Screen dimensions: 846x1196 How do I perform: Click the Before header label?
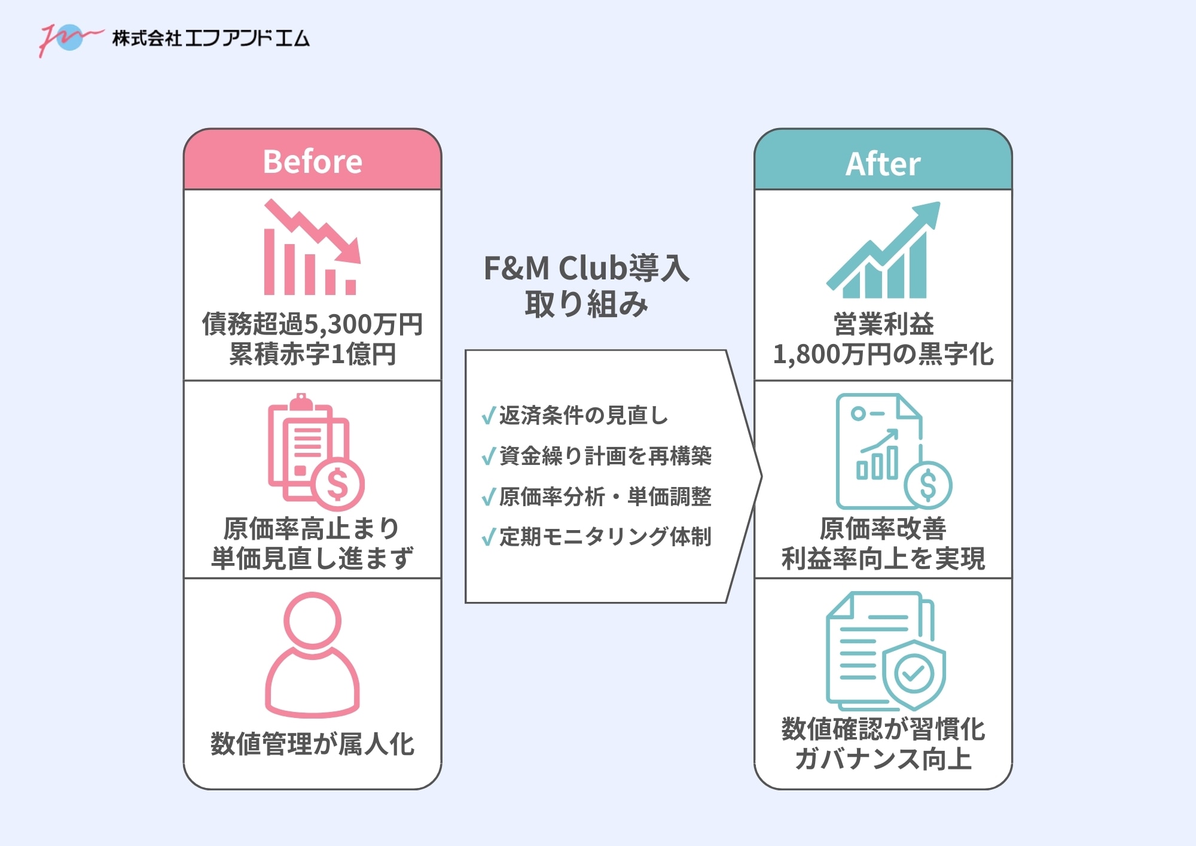pyautogui.click(x=312, y=162)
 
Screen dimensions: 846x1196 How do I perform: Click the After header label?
pyautogui.click(x=883, y=164)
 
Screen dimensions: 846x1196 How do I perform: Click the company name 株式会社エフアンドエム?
pyautogui.click(x=210, y=39)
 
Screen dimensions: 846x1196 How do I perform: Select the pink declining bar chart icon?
pyautogui.click(x=312, y=248)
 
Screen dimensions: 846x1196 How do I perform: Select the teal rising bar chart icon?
pyautogui.click(x=883, y=251)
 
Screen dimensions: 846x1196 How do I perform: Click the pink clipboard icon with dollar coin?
pyautogui.click(x=314, y=452)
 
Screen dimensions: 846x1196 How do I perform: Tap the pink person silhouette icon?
pyautogui.click(x=312, y=655)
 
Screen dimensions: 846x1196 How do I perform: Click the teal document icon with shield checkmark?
pyautogui.click(x=885, y=652)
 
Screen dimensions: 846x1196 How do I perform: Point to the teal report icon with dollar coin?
pyautogui.click(x=891, y=452)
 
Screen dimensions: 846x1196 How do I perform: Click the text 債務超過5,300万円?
pyautogui.click(x=312, y=324)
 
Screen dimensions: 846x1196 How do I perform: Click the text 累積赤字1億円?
pyautogui.click(x=312, y=354)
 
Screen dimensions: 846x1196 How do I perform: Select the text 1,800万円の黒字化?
pyautogui.click(x=883, y=354)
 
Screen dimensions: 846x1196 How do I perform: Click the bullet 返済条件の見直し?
pyautogui.click(x=583, y=415)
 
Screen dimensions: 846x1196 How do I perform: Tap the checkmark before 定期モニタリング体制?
pyautogui.click(x=489, y=537)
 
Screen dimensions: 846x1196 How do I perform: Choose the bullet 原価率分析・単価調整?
pyautogui.click(x=605, y=497)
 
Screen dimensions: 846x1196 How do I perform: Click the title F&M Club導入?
pyautogui.click(x=586, y=268)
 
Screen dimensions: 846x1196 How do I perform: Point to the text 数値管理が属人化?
pyautogui.click(x=312, y=744)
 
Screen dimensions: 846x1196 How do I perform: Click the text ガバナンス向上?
pyautogui.click(x=883, y=759)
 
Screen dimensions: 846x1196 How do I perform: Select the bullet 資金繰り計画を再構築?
pyautogui.click(x=605, y=456)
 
